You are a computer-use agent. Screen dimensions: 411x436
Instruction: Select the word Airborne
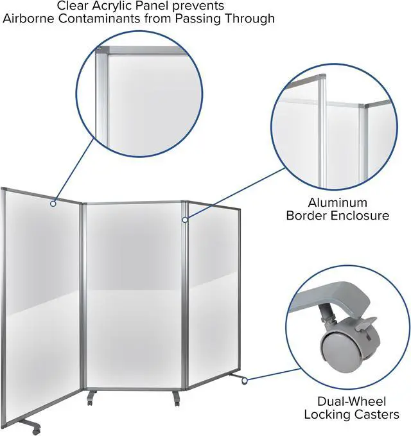point(29,19)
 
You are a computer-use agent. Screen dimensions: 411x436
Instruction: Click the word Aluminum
point(337,202)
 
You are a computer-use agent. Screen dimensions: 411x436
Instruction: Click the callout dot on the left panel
point(53,204)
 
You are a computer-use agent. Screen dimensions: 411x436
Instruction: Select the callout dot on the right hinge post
point(184,220)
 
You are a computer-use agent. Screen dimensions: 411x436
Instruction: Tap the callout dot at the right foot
point(245,381)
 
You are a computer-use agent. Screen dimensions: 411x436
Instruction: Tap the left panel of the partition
point(42,302)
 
